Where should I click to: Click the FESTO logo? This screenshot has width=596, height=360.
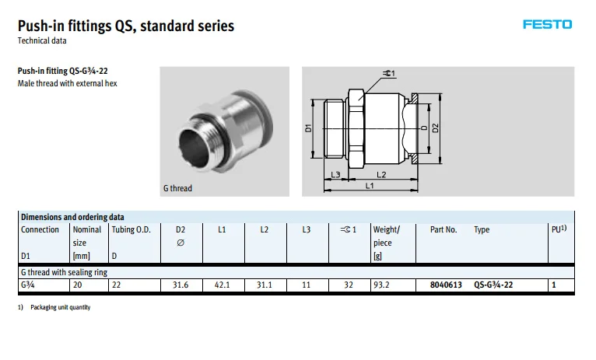coord(547,24)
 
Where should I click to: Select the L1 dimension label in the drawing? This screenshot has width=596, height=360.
coord(370,187)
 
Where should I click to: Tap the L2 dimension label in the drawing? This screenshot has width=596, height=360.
coord(381,175)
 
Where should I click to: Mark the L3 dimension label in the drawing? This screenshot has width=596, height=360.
coord(335,175)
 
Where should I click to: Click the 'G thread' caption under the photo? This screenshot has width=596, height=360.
coord(177,188)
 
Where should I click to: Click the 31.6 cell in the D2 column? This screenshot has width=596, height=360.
coord(181,285)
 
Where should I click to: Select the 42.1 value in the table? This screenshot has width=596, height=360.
coord(223,285)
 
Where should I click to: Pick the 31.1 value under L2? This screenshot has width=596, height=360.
coord(265,285)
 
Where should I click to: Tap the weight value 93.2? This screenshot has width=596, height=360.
coord(382,285)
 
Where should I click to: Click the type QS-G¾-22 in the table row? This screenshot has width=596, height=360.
coord(493,285)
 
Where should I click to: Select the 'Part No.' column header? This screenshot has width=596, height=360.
coord(443,230)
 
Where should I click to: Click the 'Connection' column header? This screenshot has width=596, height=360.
coord(40,230)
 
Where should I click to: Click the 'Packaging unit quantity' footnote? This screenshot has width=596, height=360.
coord(61,308)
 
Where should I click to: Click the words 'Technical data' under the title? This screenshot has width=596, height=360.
coord(42,40)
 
